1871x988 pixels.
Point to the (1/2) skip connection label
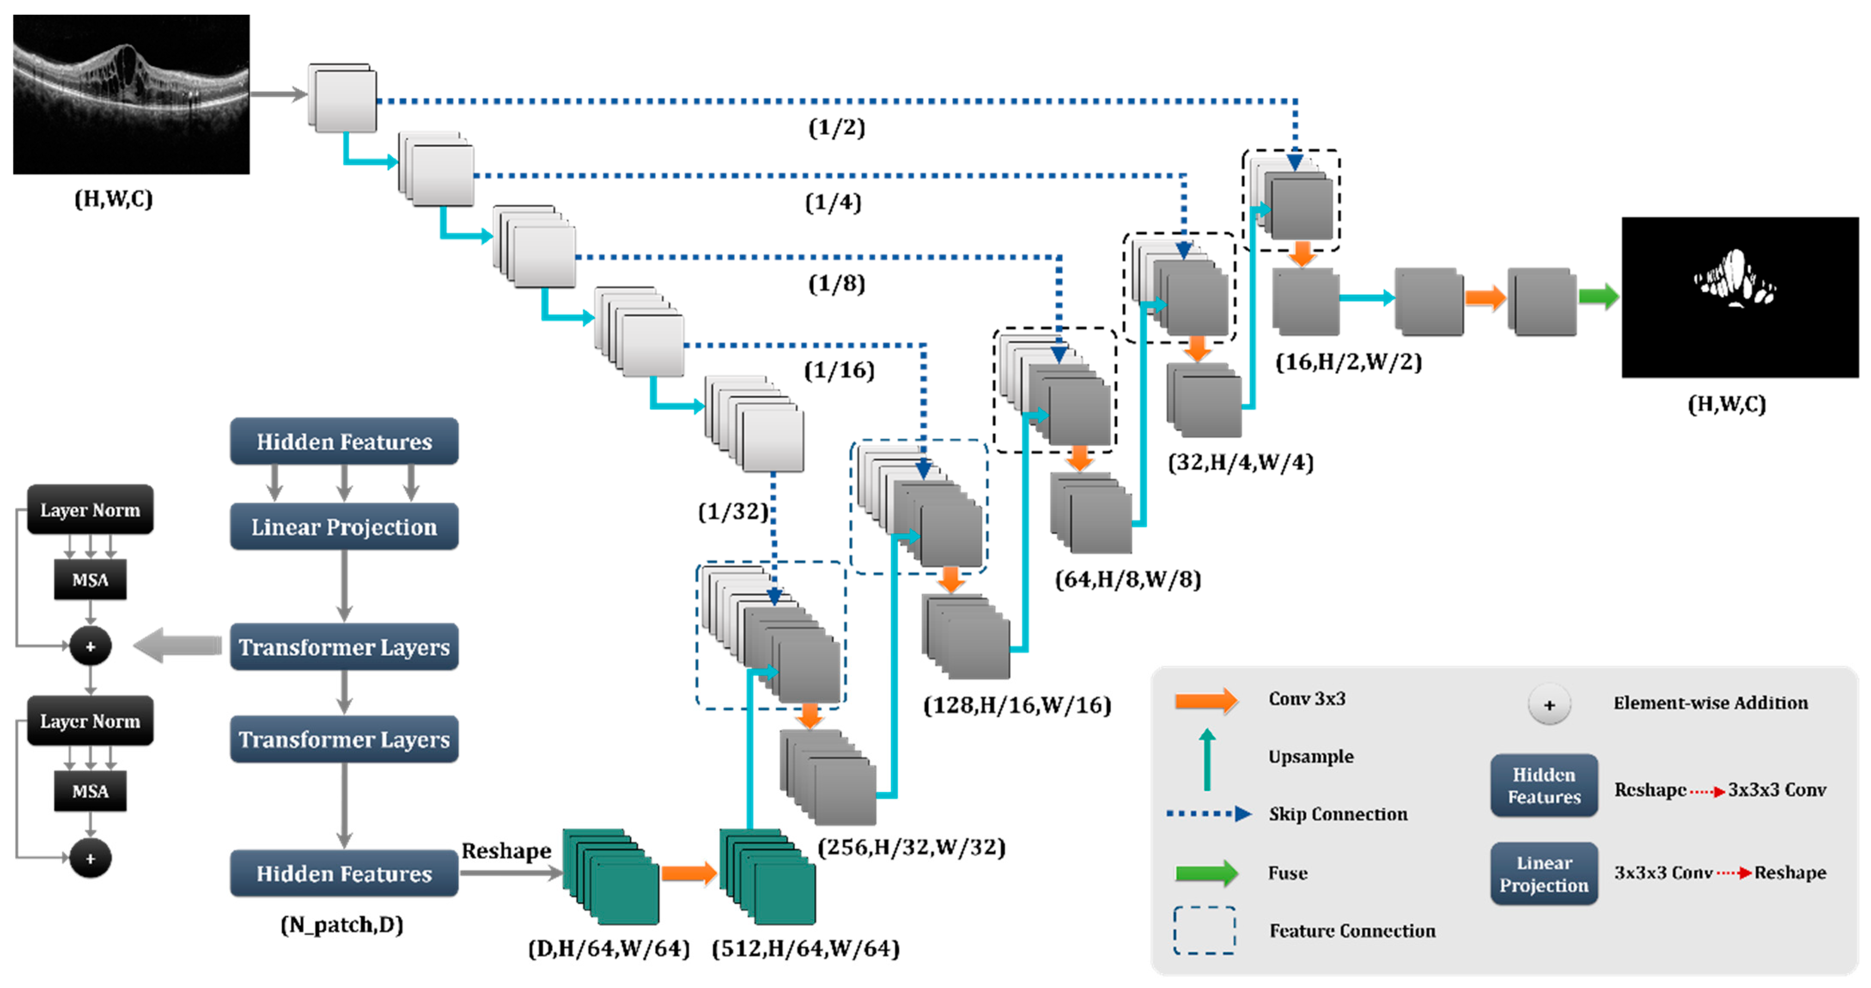[836, 128]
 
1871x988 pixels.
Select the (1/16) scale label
[839, 370]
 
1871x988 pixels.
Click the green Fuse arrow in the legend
[1206, 873]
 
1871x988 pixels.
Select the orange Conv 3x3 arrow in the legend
[1206, 700]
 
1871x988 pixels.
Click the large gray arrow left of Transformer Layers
[178, 646]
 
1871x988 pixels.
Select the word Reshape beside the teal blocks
[506, 850]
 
